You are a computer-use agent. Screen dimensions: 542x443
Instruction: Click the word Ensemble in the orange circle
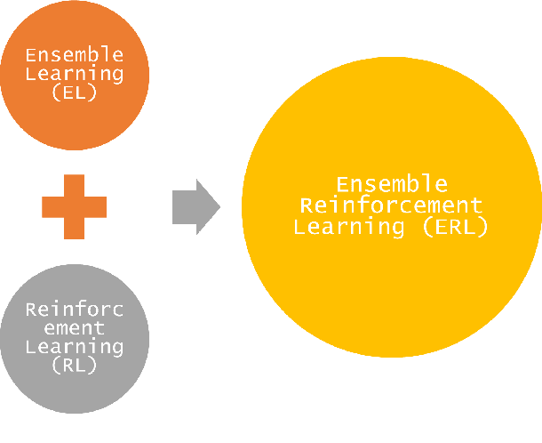point(74,55)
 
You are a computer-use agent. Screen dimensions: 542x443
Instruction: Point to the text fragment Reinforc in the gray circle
point(74,310)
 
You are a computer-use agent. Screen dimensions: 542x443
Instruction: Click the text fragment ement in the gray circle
point(74,328)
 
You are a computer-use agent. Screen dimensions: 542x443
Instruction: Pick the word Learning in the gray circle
point(74,346)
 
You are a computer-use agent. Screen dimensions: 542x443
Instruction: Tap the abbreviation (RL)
point(74,364)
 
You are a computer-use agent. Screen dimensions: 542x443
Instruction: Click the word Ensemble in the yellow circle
point(391,184)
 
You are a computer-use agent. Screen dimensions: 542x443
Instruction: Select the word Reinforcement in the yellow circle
point(391,205)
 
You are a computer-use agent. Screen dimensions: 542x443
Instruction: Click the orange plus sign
point(74,207)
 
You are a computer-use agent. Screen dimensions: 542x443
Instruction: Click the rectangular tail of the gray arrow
point(183,207)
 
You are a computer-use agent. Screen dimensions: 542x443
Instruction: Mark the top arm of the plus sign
point(74,183)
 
